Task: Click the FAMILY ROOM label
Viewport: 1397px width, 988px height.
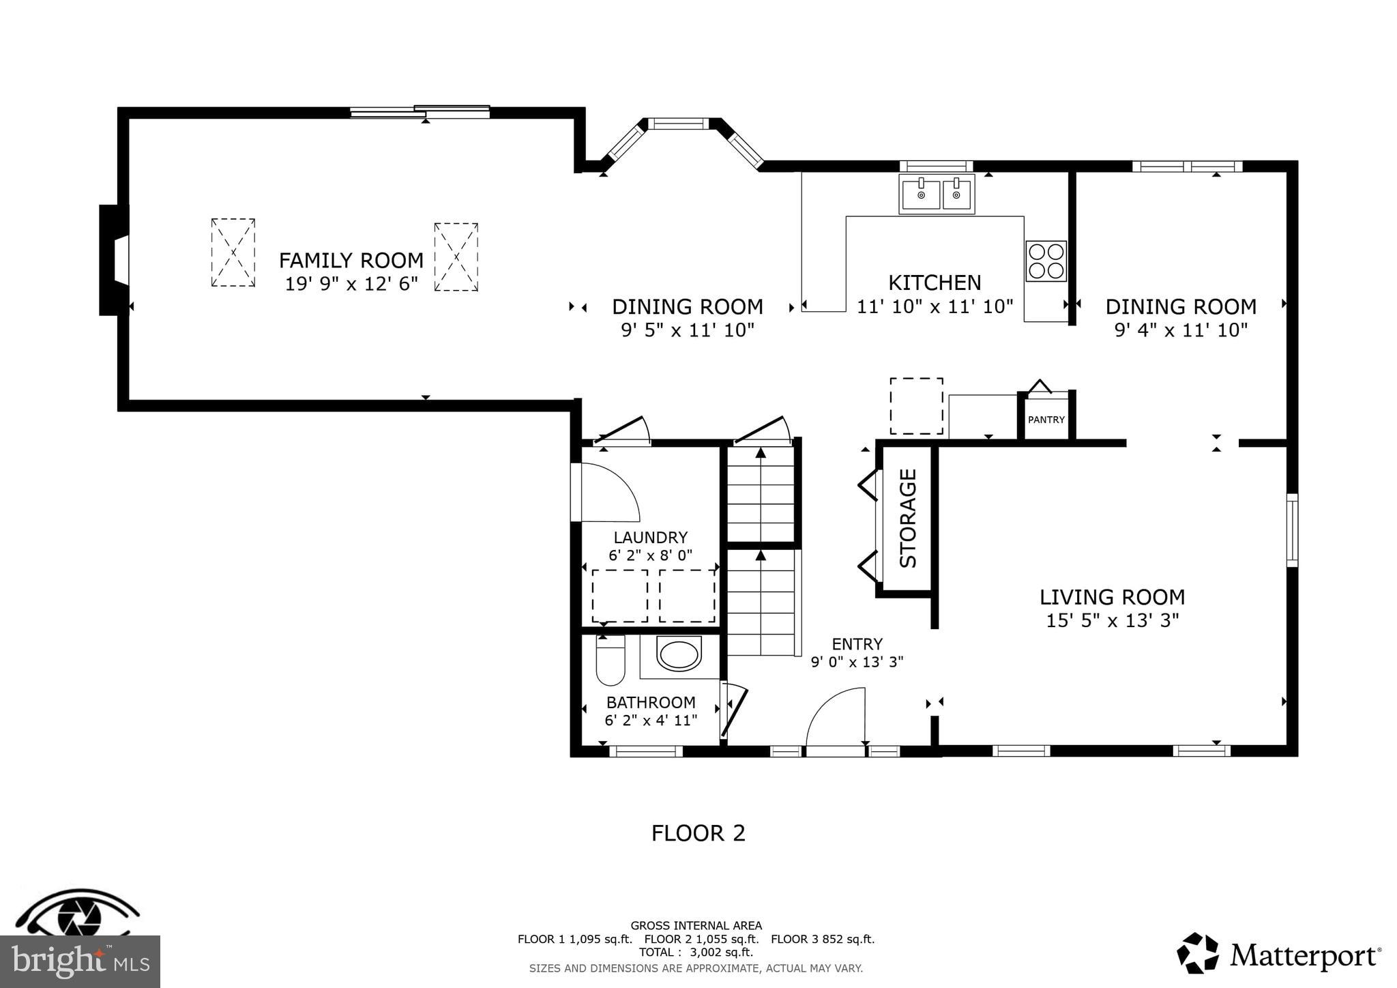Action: point(351,260)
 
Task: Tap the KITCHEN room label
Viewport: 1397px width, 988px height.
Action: point(935,282)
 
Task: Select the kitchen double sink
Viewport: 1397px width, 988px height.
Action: point(937,194)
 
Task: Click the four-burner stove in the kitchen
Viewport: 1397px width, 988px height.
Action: point(1046,261)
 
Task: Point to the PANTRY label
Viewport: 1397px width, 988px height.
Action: point(1046,420)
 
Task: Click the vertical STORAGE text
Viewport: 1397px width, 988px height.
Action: point(908,519)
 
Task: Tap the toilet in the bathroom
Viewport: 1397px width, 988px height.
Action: point(611,660)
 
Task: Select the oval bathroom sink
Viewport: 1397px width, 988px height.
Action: point(679,654)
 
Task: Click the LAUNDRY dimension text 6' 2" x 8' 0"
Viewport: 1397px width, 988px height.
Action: point(650,555)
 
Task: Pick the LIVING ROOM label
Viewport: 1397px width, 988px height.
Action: point(1112,597)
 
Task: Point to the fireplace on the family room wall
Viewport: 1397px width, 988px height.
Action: point(114,260)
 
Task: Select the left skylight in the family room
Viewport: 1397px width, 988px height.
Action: point(233,252)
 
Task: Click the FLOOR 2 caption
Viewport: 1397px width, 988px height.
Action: point(698,833)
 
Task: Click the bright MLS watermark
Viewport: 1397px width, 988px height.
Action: point(80,961)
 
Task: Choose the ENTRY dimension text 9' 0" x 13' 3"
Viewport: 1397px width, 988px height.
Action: point(857,661)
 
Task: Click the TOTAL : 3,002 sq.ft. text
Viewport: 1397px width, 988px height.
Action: point(696,952)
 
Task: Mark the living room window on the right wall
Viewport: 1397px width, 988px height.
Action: point(1292,530)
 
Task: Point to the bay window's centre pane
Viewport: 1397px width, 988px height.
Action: point(678,123)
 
